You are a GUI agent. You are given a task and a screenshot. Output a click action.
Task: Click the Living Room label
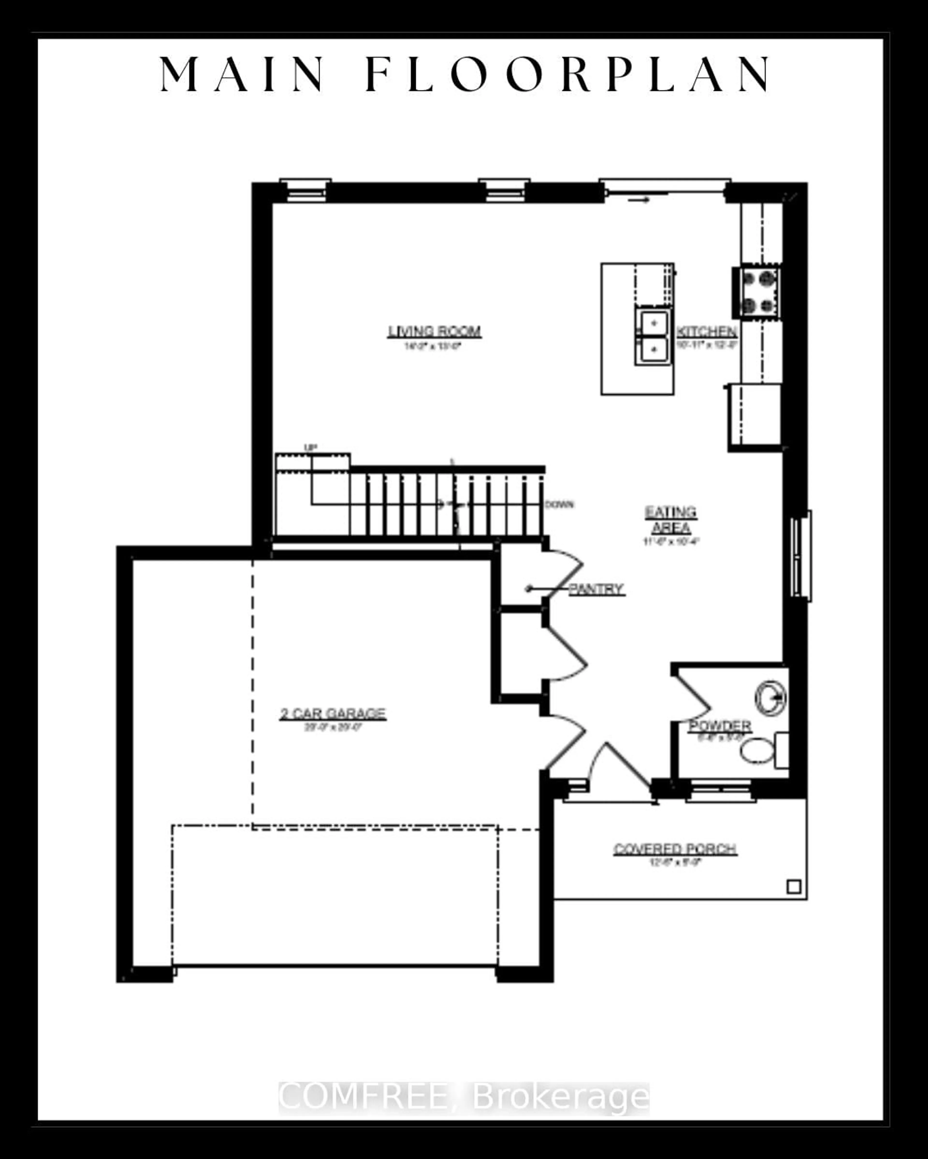(434, 331)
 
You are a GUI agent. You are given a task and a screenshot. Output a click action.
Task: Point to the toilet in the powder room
(759, 750)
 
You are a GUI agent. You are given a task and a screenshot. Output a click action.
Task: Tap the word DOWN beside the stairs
(559, 504)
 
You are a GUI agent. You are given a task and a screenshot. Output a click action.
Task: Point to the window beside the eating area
(802, 555)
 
